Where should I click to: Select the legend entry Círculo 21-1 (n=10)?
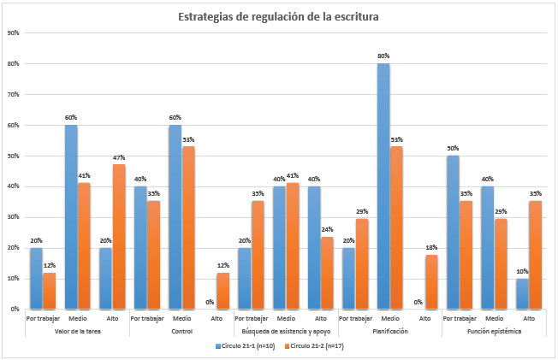click(x=246, y=345)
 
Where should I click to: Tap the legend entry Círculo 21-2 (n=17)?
click(x=318, y=345)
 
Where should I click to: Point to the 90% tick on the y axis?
click(x=14, y=33)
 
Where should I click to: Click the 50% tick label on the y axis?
click(x=14, y=156)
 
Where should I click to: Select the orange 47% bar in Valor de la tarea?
click(x=119, y=236)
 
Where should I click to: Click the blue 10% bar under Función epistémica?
click(x=521, y=293)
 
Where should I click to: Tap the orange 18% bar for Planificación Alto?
click(x=430, y=281)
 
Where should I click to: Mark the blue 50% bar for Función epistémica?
click(x=452, y=232)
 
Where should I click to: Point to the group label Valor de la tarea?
click(x=78, y=330)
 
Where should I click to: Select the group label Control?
click(x=181, y=330)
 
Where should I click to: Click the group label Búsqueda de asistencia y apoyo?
click(x=286, y=330)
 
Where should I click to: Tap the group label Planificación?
click(x=389, y=330)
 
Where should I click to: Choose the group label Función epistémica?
click(x=494, y=330)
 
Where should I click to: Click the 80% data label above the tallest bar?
click(x=383, y=56)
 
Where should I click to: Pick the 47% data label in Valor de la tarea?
click(x=119, y=157)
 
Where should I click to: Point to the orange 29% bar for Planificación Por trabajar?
click(x=361, y=264)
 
